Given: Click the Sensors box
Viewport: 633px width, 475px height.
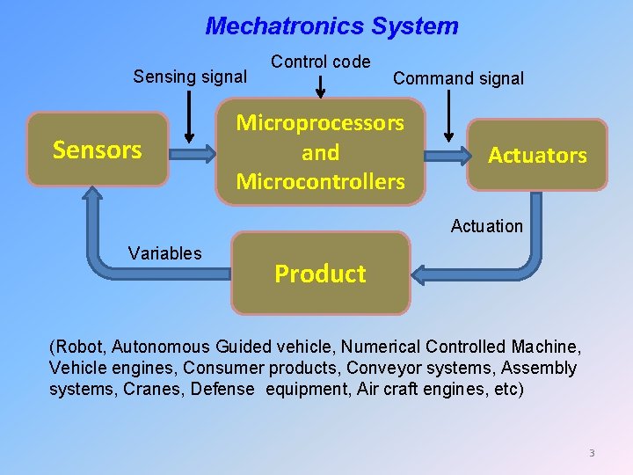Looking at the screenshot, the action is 97,150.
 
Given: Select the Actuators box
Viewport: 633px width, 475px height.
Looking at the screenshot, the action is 537,155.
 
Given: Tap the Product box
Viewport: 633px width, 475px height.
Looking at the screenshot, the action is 320,274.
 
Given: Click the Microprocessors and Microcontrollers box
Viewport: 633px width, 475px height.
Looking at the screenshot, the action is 320,152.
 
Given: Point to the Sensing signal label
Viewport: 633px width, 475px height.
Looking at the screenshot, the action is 189,77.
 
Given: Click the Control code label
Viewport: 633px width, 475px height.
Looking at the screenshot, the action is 320,62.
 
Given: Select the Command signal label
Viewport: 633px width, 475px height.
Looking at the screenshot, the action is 458,78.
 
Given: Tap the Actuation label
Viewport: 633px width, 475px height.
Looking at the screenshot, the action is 486,226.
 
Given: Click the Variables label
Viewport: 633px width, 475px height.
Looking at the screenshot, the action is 164,253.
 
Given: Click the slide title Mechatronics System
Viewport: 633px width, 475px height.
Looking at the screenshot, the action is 331,26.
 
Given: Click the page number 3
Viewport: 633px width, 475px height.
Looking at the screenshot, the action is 592,453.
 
